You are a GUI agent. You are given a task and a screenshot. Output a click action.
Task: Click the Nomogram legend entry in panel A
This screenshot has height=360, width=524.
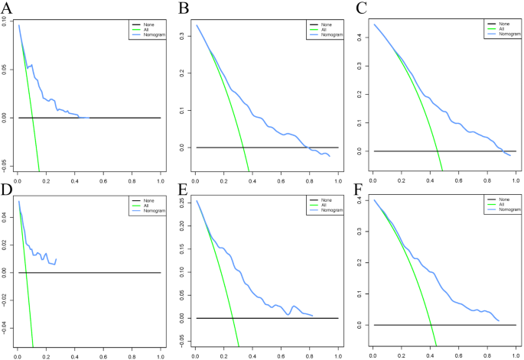tap(147, 34)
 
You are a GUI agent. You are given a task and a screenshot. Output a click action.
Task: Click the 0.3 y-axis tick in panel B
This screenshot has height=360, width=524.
tap(181, 35)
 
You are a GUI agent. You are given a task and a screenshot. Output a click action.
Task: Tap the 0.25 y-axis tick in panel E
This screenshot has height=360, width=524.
tap(181, 202)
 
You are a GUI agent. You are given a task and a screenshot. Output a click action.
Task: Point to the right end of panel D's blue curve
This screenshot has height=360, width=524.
tap(56, 259)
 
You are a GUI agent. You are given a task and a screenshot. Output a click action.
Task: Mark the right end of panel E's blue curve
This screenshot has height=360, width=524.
tap(313, 315)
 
